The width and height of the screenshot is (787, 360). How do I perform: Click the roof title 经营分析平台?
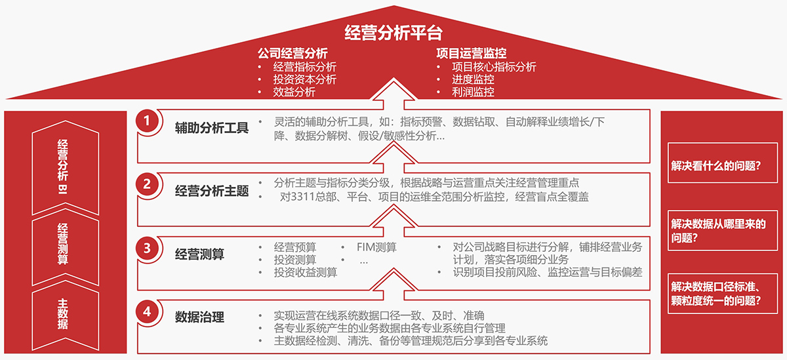[x=393, y=33]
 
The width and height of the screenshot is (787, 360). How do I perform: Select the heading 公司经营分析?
[x=293, y=53]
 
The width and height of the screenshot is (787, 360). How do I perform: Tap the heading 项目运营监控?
[x=472, y=53]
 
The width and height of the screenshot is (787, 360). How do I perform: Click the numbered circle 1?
[x=147, y=121]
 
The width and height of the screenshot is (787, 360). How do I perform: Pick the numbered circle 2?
[x=147, y=184]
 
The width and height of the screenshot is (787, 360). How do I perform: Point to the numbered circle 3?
[x=147, y=249]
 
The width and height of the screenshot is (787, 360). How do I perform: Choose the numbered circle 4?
[x=147, y=311]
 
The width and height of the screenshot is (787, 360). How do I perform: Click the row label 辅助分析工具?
[x=212, y=127]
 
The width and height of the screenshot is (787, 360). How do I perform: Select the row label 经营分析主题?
[x=212, y=191]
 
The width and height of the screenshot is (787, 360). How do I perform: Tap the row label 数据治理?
[x=199, y=317]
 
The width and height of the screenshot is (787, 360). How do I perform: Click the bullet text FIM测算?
[x=376, y=247]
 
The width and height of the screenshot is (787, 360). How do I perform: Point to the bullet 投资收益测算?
[x=306, y=272]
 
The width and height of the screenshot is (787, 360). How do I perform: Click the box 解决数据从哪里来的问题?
[x=723, y=230]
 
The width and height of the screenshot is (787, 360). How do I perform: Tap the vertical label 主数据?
[x=63, y=314]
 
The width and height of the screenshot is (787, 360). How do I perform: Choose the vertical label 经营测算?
[x=63, y=244]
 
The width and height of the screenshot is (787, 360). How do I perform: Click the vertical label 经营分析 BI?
[x=63, y=167]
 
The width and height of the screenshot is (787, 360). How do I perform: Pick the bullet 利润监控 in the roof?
[x=473, y=92]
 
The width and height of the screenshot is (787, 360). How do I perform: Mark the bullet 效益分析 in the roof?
[x=294, y=92]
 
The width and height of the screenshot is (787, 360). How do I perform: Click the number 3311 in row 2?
[x=303, y=197]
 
